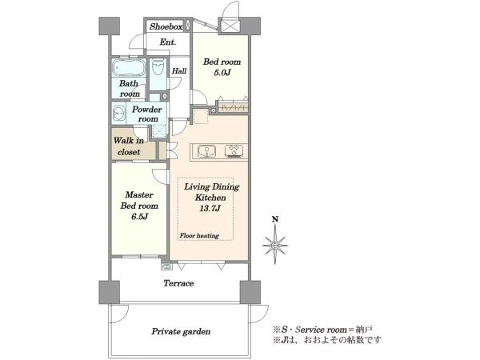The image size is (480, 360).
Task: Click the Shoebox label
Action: pos(166,26)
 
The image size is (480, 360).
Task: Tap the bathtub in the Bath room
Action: pos(129,67)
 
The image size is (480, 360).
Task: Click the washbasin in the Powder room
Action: pos(118,114)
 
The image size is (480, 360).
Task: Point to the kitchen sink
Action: pos(206,151)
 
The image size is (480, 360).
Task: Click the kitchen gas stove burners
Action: pos(234,151)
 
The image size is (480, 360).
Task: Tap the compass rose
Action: pos(275,245)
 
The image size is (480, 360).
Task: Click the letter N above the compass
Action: pos(275,219)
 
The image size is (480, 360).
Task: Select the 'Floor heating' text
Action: pos(199,236)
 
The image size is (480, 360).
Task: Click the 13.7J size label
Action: pos(210,209)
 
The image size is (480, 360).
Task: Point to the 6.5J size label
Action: pos(139,217)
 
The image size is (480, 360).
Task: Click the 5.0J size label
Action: pos(222,73)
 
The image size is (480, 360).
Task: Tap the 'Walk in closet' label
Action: pos(129,146)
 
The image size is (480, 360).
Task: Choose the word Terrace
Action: pos(178,283)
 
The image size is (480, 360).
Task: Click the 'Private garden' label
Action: pos(181,331)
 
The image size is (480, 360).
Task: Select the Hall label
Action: pos(179,71)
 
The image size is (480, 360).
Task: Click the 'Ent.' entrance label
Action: pos(168,42)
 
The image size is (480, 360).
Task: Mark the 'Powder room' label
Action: pos(147,114)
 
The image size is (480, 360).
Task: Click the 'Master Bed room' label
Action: pos(139,200)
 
